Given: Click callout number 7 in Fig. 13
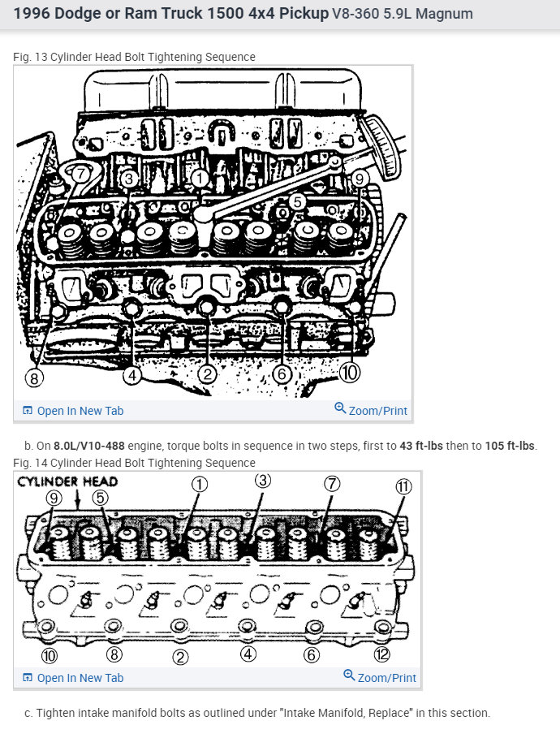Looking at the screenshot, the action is (81, 174).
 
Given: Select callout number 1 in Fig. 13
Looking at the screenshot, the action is (200, 179).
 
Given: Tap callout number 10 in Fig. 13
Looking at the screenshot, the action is (349, 373).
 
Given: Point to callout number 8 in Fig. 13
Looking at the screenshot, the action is (34, 378).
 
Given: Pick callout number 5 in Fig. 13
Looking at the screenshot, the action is (297, 201).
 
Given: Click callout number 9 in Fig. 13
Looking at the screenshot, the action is (360, 179).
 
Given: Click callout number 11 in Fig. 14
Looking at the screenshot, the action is (403, 486).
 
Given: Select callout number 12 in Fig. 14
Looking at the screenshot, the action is (381, 654).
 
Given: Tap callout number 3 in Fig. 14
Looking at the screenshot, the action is (263, 480).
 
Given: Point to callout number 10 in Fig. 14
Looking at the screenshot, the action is (50, 655).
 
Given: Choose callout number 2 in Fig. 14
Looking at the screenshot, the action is (180, 657).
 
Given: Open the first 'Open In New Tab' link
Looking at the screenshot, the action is (73, 411).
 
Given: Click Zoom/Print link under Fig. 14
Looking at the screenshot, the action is (380, 677).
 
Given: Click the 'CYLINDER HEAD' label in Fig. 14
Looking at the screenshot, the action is (67, 481).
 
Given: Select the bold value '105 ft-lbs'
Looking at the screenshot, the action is (510, 446).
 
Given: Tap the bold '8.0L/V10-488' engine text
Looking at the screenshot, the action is (89, 446).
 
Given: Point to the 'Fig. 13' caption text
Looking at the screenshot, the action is (30, 57).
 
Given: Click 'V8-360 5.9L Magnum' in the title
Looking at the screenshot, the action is (403, 14).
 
